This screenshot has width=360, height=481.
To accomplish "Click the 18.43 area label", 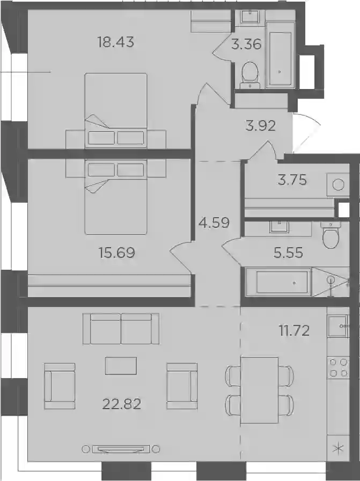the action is coord(116,42).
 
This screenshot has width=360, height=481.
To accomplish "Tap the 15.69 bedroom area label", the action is coord(116,253).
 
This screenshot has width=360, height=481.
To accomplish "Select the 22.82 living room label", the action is coord(122,404).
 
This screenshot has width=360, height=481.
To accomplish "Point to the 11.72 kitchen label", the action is coord(294,331).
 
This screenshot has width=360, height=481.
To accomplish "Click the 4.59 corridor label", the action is coord(214,223).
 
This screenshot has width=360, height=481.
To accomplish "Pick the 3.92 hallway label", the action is coord(261,126).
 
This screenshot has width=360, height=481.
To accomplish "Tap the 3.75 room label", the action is coord(292,180).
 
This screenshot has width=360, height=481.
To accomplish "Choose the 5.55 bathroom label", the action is coord(288,253).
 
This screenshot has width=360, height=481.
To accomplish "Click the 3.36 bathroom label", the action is coord(246,45).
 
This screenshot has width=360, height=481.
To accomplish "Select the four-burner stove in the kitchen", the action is coord(338,368).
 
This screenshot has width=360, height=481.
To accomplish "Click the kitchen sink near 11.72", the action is coord(338,326).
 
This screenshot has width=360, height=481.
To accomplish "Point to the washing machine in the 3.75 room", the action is coord(338,184).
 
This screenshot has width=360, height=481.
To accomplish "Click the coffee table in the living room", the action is coord(121,366).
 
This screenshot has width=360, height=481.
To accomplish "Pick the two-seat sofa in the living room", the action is coord(121,329).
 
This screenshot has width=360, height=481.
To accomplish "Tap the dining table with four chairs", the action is coord(259,390).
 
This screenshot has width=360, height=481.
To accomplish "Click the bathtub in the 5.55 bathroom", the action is coord(279,282).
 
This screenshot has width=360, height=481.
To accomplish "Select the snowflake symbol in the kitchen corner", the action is coord(338,449).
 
